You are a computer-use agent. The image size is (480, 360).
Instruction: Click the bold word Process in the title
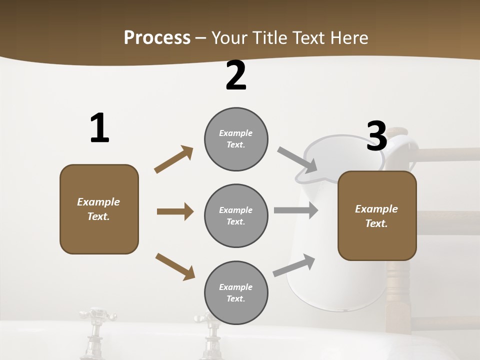tap(157, 37)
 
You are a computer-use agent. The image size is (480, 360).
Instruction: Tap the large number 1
tap(99, 128)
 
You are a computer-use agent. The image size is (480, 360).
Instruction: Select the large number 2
tap(236, 76)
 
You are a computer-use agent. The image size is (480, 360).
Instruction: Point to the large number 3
tap(376, 136)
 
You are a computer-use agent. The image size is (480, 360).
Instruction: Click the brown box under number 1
tap(99, 209)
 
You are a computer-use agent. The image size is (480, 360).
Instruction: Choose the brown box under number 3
tap(377, 216)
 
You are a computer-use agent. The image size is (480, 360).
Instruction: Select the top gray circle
tap(236, 139)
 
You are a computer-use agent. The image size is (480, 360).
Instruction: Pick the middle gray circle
tap(236, 216)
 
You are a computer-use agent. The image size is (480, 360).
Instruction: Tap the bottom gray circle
tap(236, 293)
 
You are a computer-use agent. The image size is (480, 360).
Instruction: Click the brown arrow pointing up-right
tap(174, 159)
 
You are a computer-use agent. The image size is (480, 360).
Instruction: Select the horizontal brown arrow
tap(175, 211)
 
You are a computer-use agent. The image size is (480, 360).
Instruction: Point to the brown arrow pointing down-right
tap(175, 266)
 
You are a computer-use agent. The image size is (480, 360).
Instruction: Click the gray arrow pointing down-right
tap(297, 159)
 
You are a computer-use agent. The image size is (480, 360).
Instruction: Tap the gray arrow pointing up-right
tap(294, 265)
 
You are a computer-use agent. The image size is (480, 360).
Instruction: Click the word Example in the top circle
tap(236, 133)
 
